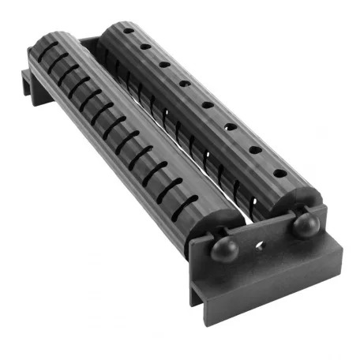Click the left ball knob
point(223,247)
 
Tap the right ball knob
point(306,225)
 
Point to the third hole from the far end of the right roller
point(164,64)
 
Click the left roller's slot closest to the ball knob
point(187,208)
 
